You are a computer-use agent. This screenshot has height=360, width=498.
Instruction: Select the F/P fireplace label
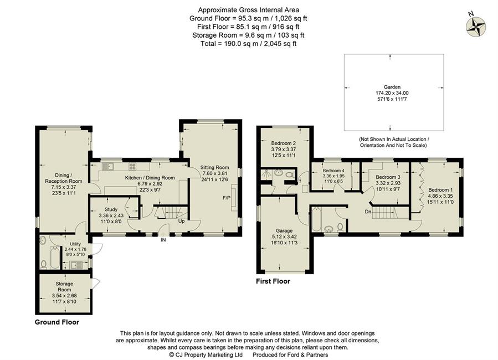pos(227,198)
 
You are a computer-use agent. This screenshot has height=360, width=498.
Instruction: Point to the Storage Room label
pos(65,287)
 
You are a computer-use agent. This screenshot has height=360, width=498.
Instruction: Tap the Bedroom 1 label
pos(440,190)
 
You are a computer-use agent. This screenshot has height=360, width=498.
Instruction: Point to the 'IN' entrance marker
pos(163,240)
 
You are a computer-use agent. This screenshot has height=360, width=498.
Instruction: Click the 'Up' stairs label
pos(182,221)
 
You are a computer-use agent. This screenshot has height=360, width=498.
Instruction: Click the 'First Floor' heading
pos(273,281)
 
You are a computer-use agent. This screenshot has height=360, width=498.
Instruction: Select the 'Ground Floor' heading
pos(57,322)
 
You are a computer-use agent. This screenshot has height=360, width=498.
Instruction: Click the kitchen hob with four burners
pos(133,166)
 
